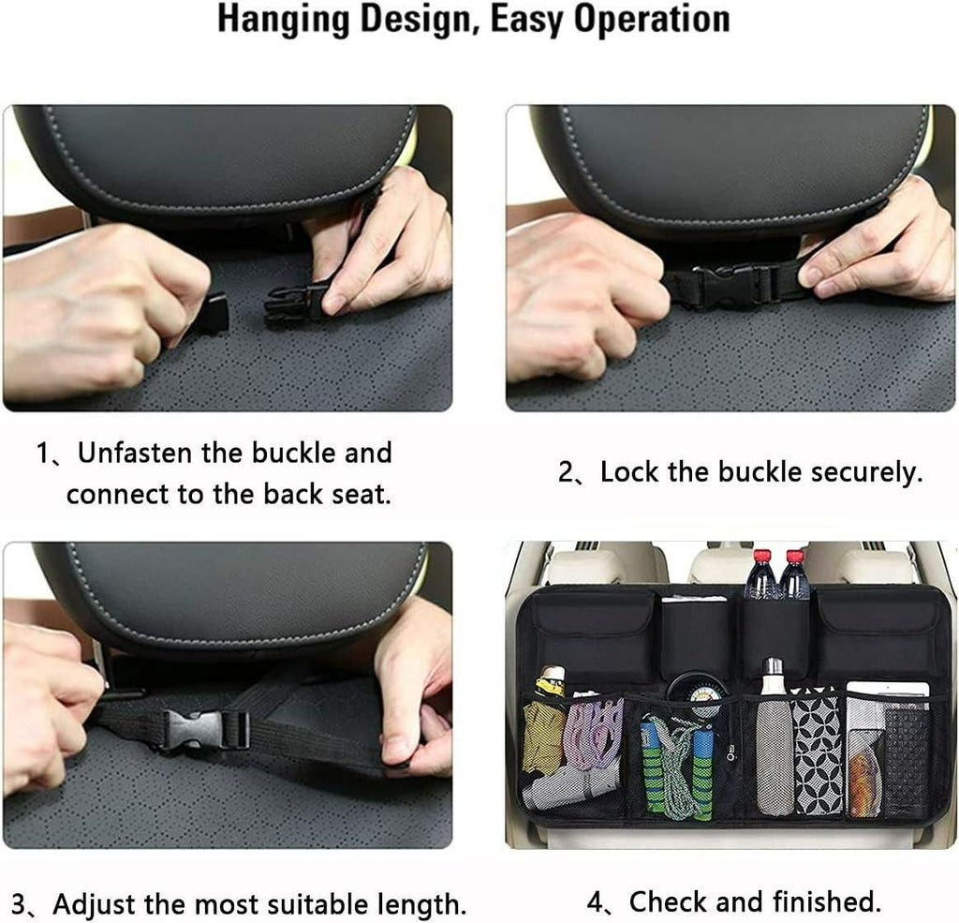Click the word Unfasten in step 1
(137, 454)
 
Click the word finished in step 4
(828, 901)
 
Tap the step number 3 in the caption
(19, 905)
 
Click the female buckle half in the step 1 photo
(298, 301)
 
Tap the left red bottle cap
(760, 557)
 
